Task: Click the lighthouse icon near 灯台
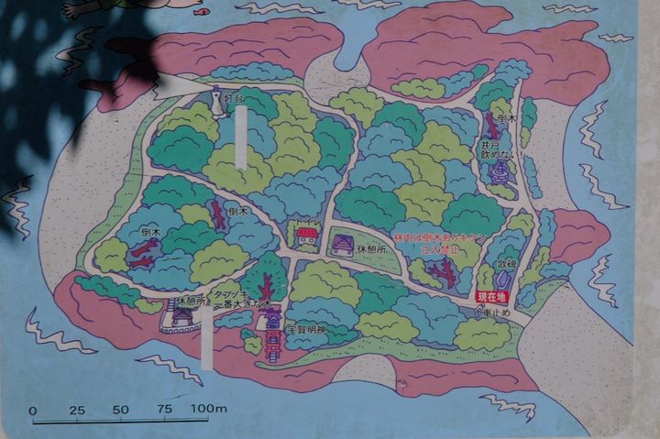[218, 102]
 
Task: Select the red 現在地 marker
[491, 296]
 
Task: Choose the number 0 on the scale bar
[33, 411]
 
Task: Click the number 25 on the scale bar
[78, 410]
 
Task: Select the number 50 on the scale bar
[121, 410]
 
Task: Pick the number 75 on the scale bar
[165, 410]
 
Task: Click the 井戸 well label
[496, 144]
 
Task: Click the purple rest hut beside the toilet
[343, 243]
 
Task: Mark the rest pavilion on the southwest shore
[180, 317]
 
